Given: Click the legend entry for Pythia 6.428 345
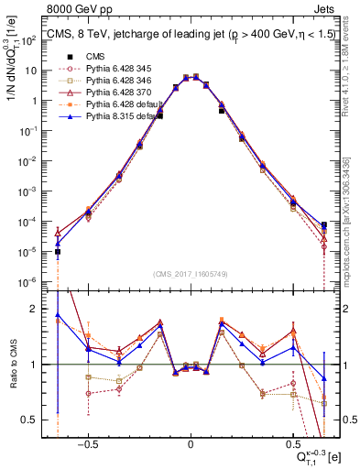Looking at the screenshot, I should [113, 70].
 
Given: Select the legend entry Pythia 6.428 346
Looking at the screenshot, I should [113, 82].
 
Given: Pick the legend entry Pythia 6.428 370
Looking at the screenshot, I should [113, 93].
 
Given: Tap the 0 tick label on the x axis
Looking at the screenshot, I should [191, 441].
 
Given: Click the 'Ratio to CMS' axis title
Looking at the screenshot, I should [12, 365].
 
